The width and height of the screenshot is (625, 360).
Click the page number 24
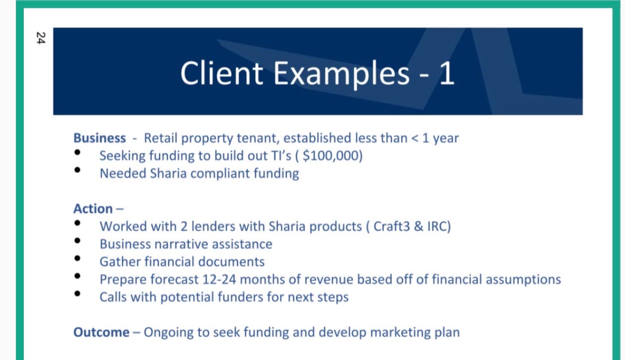(41, 38)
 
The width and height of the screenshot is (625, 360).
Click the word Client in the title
(222, 73)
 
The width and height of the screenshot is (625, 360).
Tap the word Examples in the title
(341, 74)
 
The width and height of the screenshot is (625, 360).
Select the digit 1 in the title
(447, 73)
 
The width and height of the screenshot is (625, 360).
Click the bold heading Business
(100, 138)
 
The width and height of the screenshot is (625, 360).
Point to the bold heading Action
(93, 209)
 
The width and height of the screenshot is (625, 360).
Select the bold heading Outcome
(101, 332)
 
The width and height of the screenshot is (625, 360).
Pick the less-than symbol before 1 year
(415, 138)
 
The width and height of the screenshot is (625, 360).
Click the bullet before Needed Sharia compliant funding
(77, 170)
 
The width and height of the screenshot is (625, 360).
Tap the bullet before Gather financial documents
(77, 258)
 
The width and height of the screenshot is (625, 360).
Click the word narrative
(182, 244)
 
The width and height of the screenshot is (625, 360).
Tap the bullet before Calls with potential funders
(77, 294)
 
